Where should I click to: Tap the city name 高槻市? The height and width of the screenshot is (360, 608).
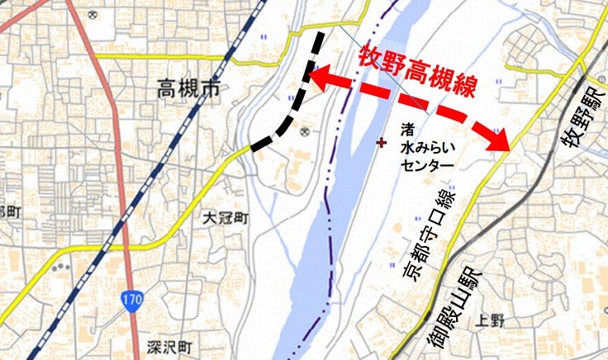coord(188,89)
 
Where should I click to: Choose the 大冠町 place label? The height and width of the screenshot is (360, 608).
coord(226,220)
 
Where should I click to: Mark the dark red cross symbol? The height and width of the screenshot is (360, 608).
coord(381,142)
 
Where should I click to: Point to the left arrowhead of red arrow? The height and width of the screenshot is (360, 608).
coord(317,77)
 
